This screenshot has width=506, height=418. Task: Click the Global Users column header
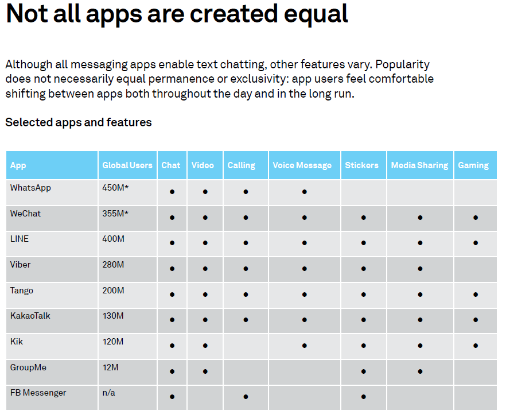pos(127,165)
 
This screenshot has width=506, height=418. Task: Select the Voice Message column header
pos(302,165)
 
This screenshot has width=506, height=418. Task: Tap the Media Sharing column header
pos(419,165)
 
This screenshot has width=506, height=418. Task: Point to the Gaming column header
pos(473,165)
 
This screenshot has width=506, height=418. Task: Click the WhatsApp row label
pos(30,188)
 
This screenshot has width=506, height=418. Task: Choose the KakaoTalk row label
pos(30,316)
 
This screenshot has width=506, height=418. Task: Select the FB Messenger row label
pos(38,393)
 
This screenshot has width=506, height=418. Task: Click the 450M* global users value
pos(115,188)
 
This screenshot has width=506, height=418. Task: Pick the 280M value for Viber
pos(113,265)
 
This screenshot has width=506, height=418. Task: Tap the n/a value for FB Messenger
pos(109,393)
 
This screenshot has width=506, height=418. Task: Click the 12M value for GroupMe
pos(110,367)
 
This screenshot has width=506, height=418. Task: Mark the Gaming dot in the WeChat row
pos(476,218)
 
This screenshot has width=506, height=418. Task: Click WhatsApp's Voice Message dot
pos(304,192)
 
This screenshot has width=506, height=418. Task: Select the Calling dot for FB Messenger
pos(246,397)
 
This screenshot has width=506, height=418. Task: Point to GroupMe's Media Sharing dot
pos(420,371)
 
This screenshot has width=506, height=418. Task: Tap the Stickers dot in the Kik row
pos(364,346)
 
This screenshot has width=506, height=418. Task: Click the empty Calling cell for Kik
pos(246,346)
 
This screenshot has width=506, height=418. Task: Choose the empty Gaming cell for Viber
pos(476,269)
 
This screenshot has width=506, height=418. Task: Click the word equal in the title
pos(316,15)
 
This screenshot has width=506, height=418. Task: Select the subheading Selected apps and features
pos(79,122)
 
